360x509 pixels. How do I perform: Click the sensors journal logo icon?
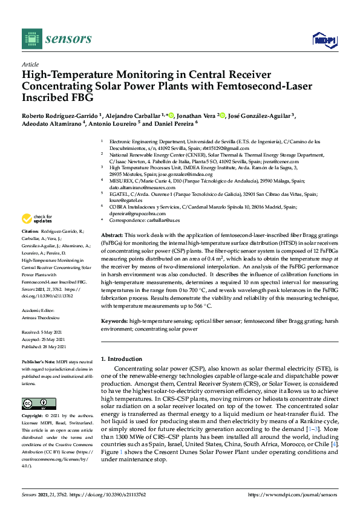point(30,39)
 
